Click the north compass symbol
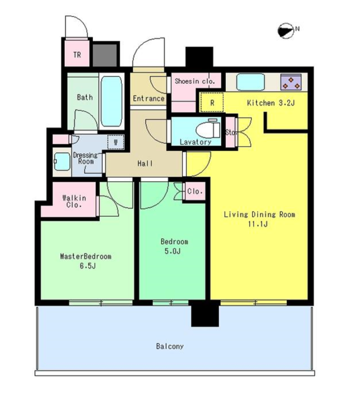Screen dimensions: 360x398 [286, 31]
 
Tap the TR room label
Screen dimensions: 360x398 [77, 55]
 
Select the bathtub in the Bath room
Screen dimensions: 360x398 [111, 101]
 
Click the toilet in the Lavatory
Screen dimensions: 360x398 [208, 129]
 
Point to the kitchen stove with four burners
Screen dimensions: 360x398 [291, 82]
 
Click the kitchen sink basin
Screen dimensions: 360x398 [251, 82]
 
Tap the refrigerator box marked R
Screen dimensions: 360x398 [212, 103]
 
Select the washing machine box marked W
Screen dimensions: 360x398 [116, 142]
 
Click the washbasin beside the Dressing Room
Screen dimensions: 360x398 [62, 161]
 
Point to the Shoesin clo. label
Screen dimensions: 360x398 [195, 81]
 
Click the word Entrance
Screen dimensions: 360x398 [149, 98]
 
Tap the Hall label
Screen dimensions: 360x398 [145, 164]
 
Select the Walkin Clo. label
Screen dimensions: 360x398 [74, 201]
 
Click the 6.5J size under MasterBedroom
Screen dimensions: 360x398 [87, 266]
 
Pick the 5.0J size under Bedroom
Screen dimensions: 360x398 [173, 251]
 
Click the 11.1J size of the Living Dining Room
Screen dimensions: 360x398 [258, 224]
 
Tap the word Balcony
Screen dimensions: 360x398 [170, 346]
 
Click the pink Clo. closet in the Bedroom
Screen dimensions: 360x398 [195, 191]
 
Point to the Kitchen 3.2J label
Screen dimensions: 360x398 [271, 103]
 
